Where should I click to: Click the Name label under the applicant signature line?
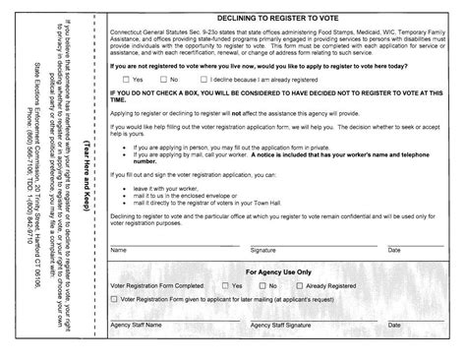pos(118,251)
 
